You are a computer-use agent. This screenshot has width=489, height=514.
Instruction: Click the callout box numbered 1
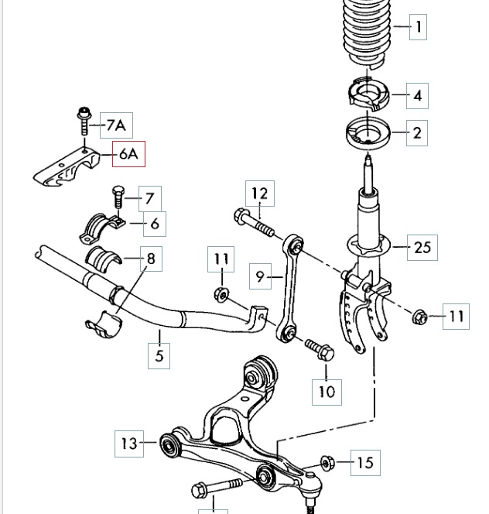pyautogui.click(x=418, y=28)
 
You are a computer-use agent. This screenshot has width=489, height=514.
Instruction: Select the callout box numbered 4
pyautogui.click(x=418, y=96)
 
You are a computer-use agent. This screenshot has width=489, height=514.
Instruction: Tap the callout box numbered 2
pyautogui.click(x=417, y=133)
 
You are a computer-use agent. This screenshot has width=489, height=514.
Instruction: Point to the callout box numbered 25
pyautogui.click(x=422, y=248)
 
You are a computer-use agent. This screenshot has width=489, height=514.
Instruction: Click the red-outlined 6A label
pyautogui.click(x=128, y=154)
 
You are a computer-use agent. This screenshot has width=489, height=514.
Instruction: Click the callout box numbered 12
pyautogui.click(x=260, y=193)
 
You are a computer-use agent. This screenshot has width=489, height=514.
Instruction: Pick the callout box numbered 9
pyautogui.click(x=261, y=275)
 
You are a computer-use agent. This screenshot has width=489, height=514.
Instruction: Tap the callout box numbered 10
pyautogui.click(x=327, y=391)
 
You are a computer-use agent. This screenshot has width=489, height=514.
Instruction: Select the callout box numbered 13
pyautogui.click(x=128, y=444)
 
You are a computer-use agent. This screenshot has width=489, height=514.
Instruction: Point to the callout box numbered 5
pyautogui.click(x=159, y=355)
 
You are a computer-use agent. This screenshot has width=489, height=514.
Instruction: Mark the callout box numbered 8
pyautogui.click(x=150, y=259)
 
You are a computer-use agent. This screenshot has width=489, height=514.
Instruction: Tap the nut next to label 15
pyautogui.click(x=327, y=463)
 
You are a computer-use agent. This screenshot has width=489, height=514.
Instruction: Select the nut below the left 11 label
pyautogui.click(x=221, y=294)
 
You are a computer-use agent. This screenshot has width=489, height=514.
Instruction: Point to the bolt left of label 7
pyautogui.click(x=118, y=197)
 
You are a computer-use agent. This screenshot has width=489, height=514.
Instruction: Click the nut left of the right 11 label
pyautogui.click(x=420, y=316)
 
